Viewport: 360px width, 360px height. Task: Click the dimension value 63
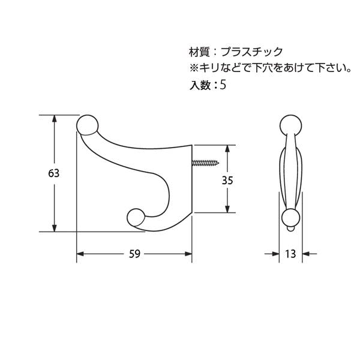(x=54, y=173)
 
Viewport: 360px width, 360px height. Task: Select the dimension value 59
(x=134, y=254)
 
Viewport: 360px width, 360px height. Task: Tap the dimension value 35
(x=227, y=181)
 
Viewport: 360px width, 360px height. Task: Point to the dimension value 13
(x=290, y=254)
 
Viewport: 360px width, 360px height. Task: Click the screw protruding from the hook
(x=205, y=163)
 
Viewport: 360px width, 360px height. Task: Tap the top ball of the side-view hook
(x=291, y=125)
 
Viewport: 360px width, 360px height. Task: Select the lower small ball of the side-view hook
(x=290, y=217)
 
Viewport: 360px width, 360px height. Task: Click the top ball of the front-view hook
(x=87, y=125)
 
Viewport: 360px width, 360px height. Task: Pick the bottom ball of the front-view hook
(x=136, y=217)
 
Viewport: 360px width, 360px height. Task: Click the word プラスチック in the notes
(x=251, y=52)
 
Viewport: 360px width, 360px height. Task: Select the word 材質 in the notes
(x=200, y=52)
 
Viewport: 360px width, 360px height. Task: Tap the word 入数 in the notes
(x=200, y=85)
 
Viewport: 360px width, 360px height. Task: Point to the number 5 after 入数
(x=223, y=85)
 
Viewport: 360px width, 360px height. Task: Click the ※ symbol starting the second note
(x=194, y=68)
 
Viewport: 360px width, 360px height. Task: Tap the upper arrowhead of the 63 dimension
(x=55, y=119)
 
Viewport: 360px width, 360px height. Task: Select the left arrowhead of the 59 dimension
(x=81, y=254)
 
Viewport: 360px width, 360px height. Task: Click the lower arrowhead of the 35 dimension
(x=227, y=208)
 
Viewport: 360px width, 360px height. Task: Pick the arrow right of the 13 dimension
(x=310, y=254)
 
